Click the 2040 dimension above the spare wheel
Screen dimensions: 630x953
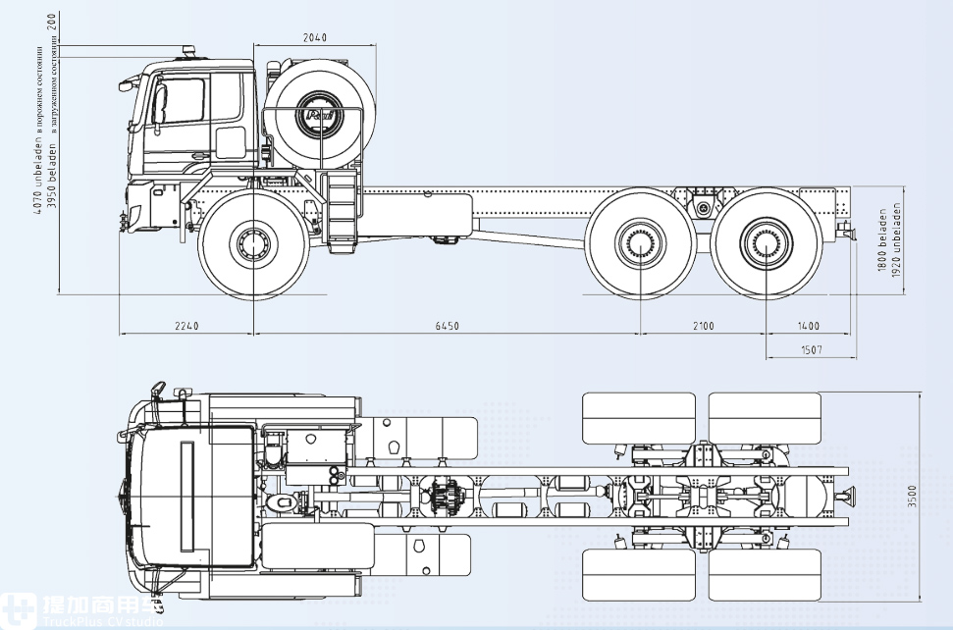[x=314, y=37]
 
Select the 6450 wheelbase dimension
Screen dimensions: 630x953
[x=447, y=326]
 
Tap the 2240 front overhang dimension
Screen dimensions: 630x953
[x=186, y=326]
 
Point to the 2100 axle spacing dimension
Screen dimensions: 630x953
[x=703, y=326]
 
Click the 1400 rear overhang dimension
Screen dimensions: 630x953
[x=808, y=326]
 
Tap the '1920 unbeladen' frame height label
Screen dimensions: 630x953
[x=896, y=239]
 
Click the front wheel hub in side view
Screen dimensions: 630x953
[x=253, y=241]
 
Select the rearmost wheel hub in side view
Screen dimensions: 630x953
[x=767, y=242]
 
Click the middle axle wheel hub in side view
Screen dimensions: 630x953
[x=640, y=242]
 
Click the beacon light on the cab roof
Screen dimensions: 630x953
[x=186, y=49]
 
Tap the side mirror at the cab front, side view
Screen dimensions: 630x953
[x=126, y=85]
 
